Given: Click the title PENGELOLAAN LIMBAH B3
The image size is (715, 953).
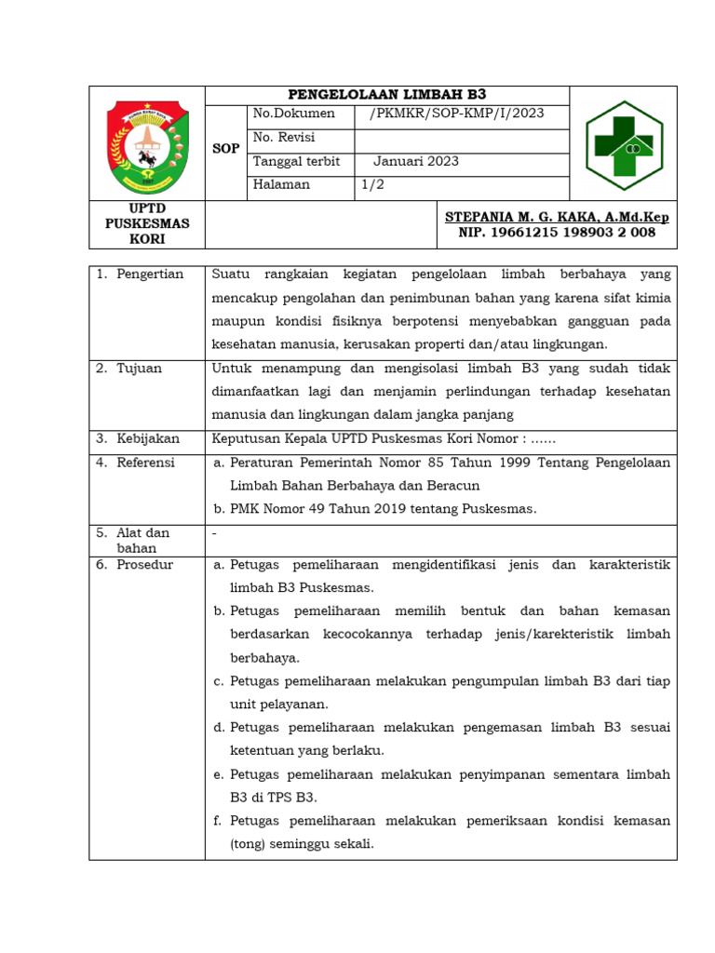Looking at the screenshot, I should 386,95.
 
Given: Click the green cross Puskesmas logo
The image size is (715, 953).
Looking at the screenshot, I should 623,144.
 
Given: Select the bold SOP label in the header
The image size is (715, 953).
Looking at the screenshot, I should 226,148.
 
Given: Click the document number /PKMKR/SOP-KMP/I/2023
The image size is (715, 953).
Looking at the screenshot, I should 456,114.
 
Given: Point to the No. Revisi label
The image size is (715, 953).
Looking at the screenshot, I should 284,138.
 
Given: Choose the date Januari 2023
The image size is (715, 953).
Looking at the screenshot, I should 416,161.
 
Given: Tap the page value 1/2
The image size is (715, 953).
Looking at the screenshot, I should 372,184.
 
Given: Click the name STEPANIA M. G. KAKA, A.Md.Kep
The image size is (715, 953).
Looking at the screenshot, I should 557,217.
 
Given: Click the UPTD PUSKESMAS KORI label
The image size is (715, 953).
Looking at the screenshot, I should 147,223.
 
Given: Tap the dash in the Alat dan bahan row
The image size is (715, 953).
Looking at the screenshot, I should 215,533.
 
